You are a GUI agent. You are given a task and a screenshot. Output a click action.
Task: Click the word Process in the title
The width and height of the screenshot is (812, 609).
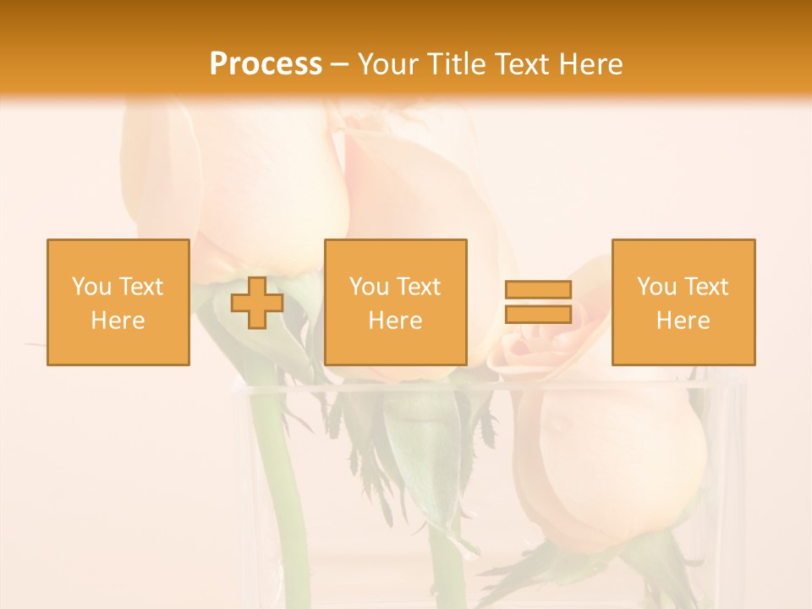pyautogui.click(x=266, y=64)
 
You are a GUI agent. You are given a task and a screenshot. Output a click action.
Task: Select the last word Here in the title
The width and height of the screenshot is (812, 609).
pyautogui.click(x=591, y=64)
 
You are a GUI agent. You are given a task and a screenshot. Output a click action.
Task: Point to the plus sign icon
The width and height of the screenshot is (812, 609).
pyautogui.click(x=257, y=303)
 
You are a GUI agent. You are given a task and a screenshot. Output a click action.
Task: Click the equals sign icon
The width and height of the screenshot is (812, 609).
pyautogui.click(x=538, y=302)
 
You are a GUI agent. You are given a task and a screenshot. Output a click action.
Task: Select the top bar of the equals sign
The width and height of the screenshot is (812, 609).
pyautogui.click(x=538, y=290)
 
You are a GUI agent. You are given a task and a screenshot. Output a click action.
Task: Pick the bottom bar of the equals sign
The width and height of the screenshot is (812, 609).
pyautogui.click(x=538, y=314)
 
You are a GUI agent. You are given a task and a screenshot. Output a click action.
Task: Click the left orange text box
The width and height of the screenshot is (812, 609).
pyautogui.click(x=118, y=303)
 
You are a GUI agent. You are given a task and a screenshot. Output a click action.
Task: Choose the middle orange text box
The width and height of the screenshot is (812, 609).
pyautogui.click(x=396, y=303)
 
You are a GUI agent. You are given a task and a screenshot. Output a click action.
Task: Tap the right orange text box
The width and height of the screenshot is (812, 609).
pyautogui.click(x=683, y=303)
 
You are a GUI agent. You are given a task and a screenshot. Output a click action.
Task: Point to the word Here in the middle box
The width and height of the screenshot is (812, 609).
pyautogui.click(x=396, y=321)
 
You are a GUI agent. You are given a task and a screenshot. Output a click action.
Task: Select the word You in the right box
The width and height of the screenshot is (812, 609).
pyautogui.click(x=656, y=287)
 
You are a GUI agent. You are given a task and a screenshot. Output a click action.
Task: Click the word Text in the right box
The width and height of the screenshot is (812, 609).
pyautogui.click(x=705, y=287)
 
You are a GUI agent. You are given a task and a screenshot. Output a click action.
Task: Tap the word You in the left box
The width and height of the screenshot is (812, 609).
pyautogui.click(x=91, y=287)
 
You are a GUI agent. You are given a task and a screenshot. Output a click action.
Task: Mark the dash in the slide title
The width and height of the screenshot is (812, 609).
pyautogui.click(x=339, y=65)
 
